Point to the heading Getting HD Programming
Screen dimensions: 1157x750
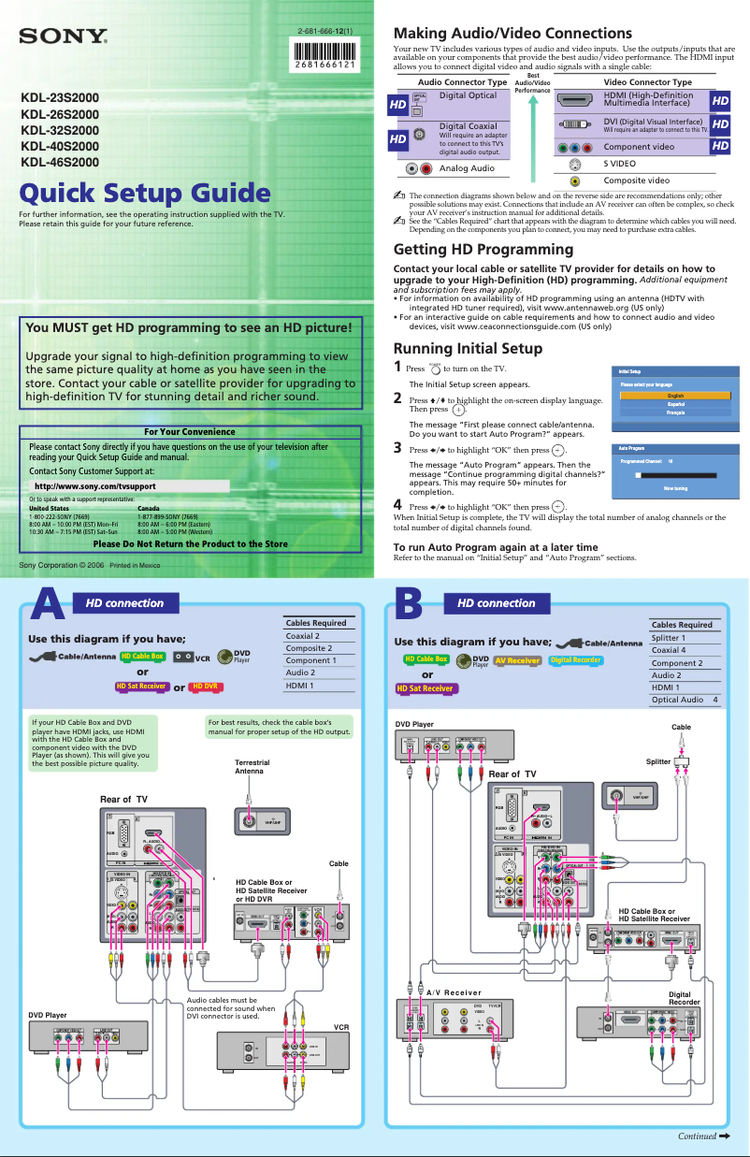[x=483, y=249]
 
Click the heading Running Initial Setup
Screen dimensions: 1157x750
[x=468, y=349]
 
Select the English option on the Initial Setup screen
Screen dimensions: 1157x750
[x=674, y=396]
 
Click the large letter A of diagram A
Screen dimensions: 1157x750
[x=49, y=605]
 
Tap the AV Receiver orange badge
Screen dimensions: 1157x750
[x=517, y=660]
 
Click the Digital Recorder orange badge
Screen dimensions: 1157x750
[x=575, y=660]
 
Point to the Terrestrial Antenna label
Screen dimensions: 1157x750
[x=252, y=767]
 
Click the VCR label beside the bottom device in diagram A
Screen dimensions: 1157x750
[x=340, y=1027]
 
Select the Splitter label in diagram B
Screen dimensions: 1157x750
[x=657, y=761]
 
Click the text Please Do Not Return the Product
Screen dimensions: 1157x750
[x=190, y=543]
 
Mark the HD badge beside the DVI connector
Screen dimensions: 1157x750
[x=720, y=123]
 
